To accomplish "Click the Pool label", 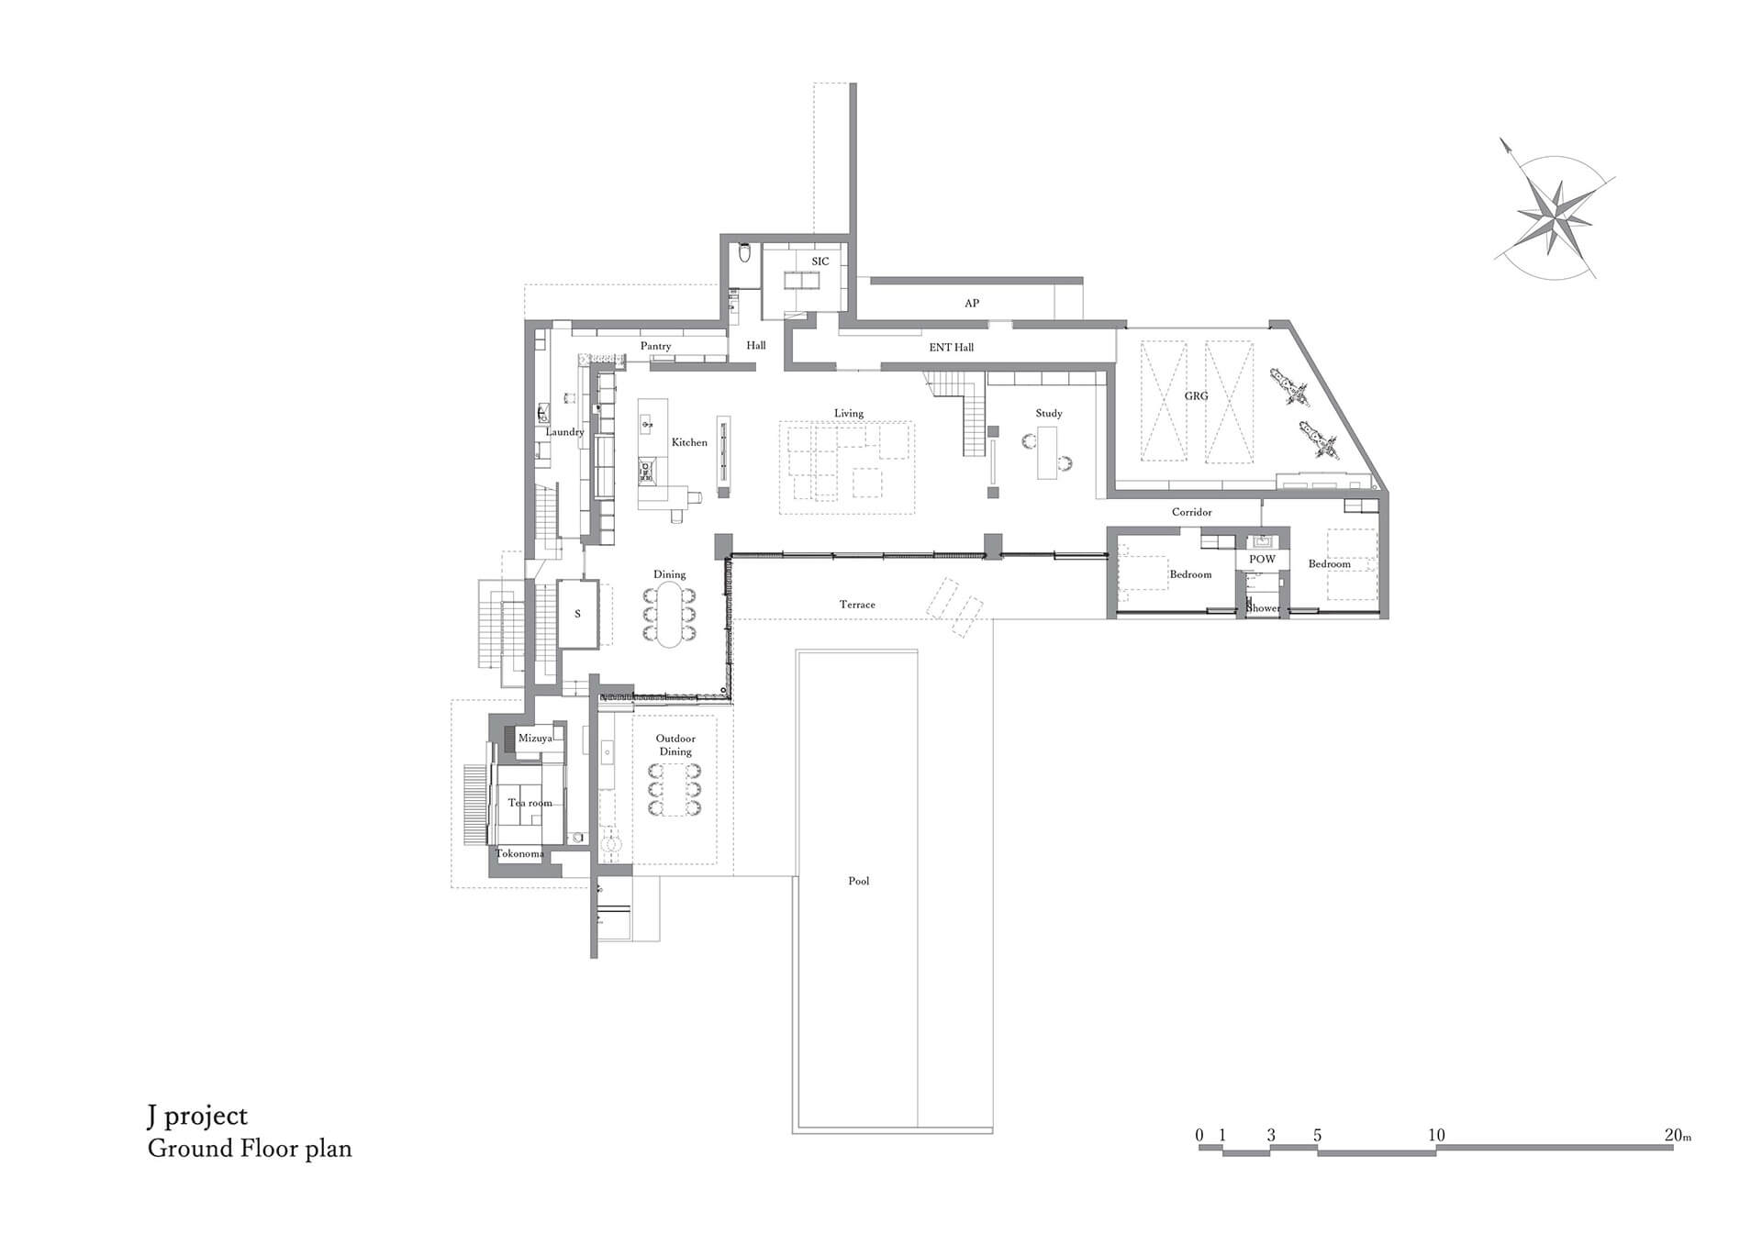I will pos(858,881).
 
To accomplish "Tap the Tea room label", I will pos(530,803).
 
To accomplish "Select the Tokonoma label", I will pos(519,853).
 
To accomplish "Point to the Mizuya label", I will pos(535,738).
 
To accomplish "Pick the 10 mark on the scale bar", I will pos(1436,1135).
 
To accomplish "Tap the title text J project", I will pos(197,1117).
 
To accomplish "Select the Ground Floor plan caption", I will pos(250,1149).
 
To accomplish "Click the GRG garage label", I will pos(1196,395).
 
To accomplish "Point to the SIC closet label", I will pos(820,261).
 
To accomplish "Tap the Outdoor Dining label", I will pos(675,745).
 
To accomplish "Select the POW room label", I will pos(1262,559).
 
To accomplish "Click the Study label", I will pos(1049,413).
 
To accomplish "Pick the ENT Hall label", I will pos(951,347).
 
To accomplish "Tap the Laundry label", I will pos(564,431).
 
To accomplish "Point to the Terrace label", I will pos(857,605).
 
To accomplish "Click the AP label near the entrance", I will pos(971,303).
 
